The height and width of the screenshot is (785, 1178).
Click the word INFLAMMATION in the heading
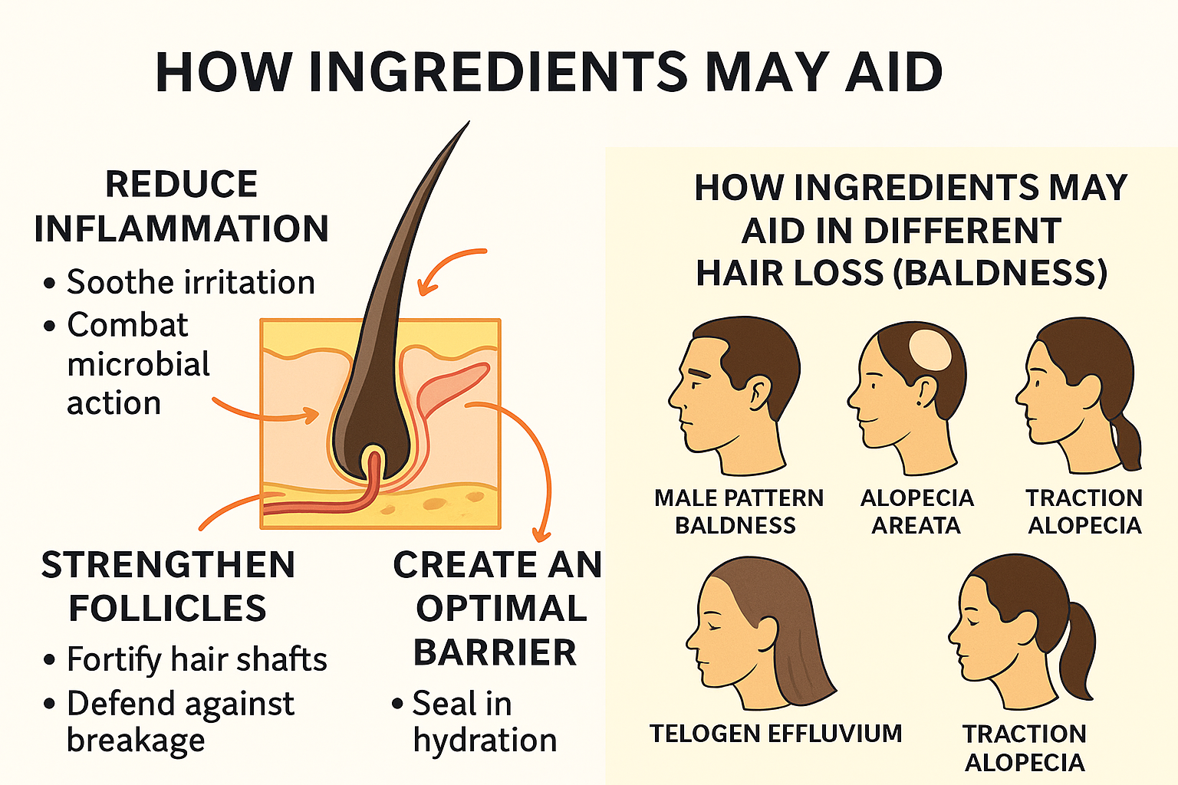tap(182, 228)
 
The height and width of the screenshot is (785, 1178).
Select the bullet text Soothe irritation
tap(190, 282)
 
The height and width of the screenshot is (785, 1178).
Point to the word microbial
tap(138, 364)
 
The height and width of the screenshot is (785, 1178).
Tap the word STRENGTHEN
tap(168, 565)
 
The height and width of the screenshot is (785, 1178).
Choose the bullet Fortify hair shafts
tap(196, 659)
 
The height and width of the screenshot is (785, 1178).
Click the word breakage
tap(136, 741)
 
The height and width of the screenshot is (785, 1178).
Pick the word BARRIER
tap(495, 652)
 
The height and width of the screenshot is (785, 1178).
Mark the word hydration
tap(485, 741)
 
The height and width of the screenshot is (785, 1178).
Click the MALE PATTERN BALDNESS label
tap(739, 511)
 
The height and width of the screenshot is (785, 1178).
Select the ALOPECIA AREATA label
tap(916, 511)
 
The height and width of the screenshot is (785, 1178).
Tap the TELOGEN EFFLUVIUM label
tap(775, 734)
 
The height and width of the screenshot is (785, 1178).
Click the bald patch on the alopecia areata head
tap(930, 350)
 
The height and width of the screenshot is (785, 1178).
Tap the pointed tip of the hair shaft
tap(468, 123)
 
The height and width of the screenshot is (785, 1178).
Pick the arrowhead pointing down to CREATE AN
tap(541, 535)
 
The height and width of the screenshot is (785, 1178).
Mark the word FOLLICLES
tap(168, 609)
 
